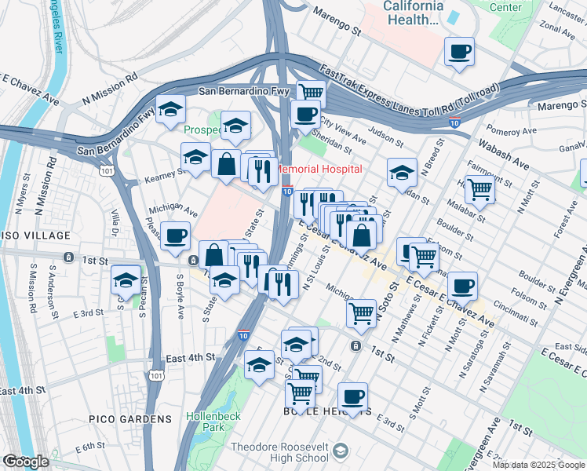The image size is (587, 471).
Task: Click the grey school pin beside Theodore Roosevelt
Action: click(x=340, y=451)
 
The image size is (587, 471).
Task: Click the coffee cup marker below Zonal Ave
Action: click(x=459, y=52)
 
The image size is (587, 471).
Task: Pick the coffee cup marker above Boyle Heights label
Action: click(x=353, y=396)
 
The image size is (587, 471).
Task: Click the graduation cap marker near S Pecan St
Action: click(x=126, y=279)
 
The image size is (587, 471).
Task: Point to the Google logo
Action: click(x=26, y=462)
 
